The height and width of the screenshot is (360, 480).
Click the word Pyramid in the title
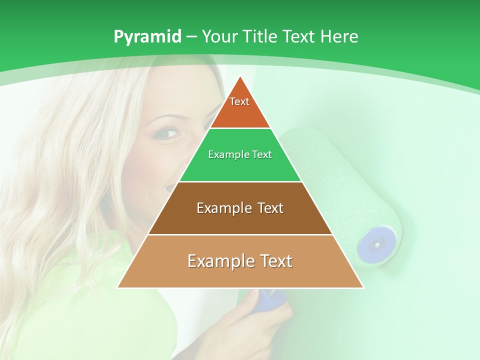(147, 37)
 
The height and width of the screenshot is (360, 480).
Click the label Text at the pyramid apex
(239, 101)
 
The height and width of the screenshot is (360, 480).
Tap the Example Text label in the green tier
(240, 154)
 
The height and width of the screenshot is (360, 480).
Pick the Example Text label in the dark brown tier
(240, 208)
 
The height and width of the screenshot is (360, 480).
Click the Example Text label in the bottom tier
(240, 261)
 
